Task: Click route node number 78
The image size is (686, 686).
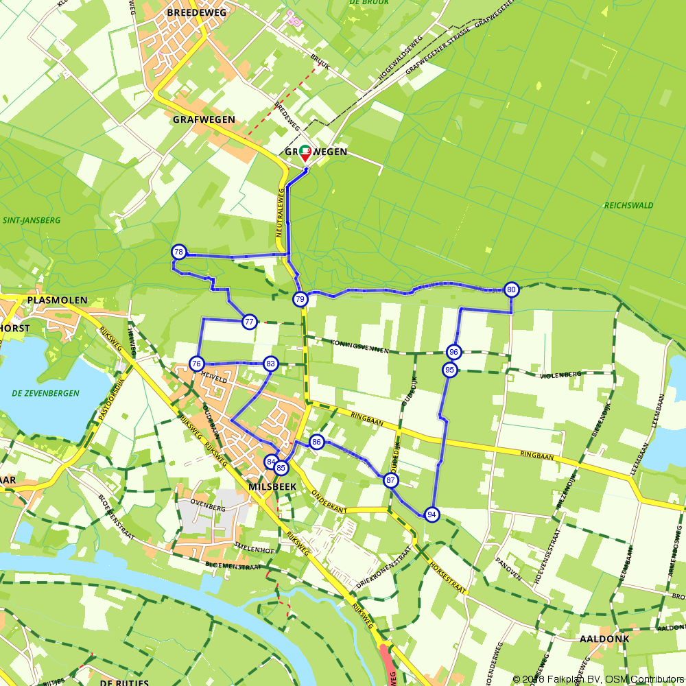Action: (x=179, y=252)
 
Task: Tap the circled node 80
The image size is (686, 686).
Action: (x=511, y=289)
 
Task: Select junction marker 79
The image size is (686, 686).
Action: (x=300, y=299)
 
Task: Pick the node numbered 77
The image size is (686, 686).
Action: (x=250, y=322)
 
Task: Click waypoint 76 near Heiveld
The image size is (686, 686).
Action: (x=197, y=364)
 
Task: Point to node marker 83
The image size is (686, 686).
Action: (x=271, y=364)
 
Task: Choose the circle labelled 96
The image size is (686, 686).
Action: (x=453, y=352)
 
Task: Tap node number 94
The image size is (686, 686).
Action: (x=431, y=514)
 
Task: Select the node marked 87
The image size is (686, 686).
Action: (x=391, y=480)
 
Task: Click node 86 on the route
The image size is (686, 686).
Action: (x=316, y=442)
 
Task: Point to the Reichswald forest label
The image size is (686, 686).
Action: (x=628, y=205)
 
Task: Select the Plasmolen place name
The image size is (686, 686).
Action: (x=57, y=300)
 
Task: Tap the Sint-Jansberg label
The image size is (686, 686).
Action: (x=32, y=221)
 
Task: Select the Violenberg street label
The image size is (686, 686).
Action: (x=561, y=375)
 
